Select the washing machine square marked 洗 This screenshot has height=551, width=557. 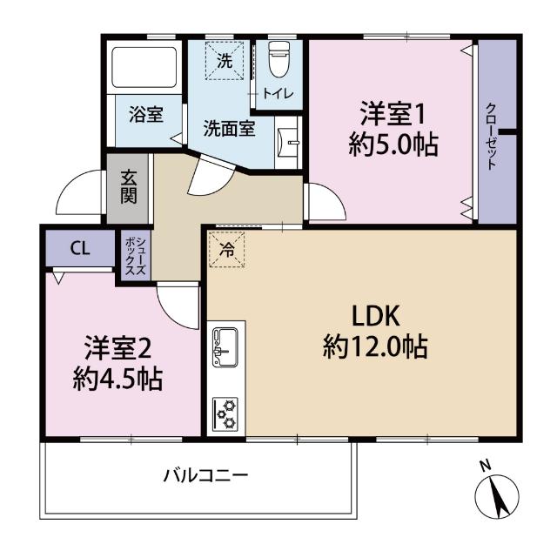(225, 62)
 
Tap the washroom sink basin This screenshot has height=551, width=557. (291, 140)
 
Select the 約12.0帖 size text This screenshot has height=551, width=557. (374, 347)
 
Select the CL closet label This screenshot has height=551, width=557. (79, 248)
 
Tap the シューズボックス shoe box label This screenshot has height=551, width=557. (135, 253)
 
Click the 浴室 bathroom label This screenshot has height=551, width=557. (144, 114)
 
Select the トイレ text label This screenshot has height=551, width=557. (280, 93)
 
